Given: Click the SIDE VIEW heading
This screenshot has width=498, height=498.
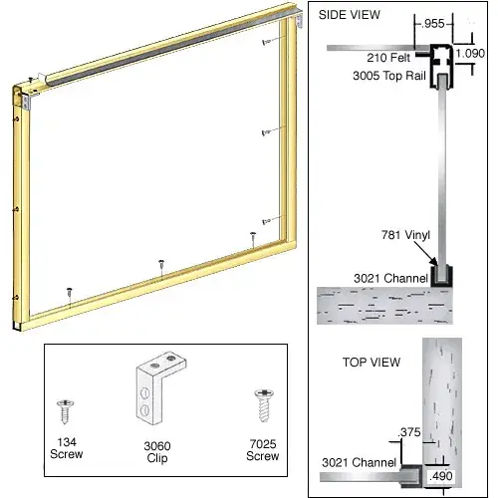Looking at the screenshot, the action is coord(349,15).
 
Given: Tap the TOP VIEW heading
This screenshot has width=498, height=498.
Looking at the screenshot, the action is coord(372,362).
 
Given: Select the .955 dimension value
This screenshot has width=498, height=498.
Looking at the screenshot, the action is coord(433,23).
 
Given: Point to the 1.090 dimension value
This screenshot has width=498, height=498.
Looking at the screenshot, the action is coord(470,53).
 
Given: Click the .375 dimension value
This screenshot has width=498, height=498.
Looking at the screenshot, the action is coord(409,432).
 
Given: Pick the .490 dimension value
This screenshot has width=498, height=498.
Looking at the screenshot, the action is coord(441,476).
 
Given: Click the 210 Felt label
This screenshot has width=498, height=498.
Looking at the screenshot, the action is coord(388,58).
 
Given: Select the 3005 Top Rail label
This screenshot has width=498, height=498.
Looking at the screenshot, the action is coord(389,76).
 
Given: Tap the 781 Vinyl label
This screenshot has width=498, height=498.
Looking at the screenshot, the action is coord(405,235).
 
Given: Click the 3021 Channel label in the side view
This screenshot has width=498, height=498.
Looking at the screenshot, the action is coord(390,278).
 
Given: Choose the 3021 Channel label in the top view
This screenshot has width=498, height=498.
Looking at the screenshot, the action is coord(360,462).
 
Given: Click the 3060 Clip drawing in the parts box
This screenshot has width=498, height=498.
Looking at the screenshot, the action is coord(158,388).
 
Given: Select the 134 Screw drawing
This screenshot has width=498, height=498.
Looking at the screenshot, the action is coord(66,411).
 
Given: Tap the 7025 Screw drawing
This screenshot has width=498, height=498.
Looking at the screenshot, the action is coord(264,405).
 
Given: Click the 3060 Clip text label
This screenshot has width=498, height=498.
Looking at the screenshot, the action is coord(157,452).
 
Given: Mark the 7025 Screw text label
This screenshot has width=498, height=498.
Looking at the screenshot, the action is coord(263,450).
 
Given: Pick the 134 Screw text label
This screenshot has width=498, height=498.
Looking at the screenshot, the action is coord(67,448).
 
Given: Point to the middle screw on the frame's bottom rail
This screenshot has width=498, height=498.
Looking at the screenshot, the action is coord(161,265).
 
